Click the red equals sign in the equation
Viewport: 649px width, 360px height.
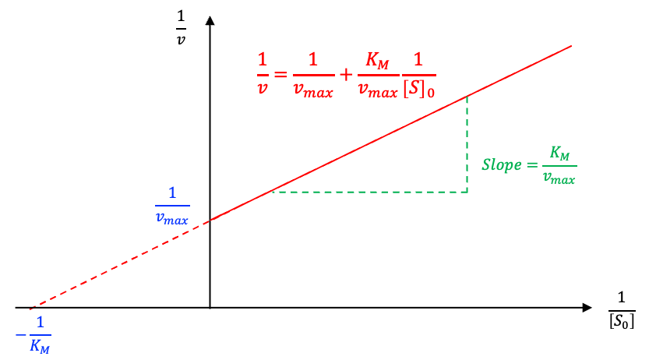pos(280,76)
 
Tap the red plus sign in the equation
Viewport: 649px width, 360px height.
pos(346,76)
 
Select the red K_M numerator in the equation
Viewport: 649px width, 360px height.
pos(378,61)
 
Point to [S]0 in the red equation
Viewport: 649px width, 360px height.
pos(418,91)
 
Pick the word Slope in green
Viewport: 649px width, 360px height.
pos(499,165)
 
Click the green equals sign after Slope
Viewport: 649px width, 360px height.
pos(532,165)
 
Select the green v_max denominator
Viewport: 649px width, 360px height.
pos(559,179)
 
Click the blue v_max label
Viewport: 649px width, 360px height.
pos(171,218)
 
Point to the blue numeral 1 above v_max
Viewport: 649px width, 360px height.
pos(172,193)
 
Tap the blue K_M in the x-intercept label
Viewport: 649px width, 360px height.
pos(40,345)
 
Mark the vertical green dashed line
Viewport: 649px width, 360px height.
pos(467,144)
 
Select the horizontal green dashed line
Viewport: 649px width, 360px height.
pos(370,192)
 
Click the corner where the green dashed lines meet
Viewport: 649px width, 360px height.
pos(467,192)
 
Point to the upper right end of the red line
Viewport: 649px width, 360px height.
pos(571,46)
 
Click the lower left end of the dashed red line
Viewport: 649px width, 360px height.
pos(31,309)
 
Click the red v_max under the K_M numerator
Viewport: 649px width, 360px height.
pos(378,92)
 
